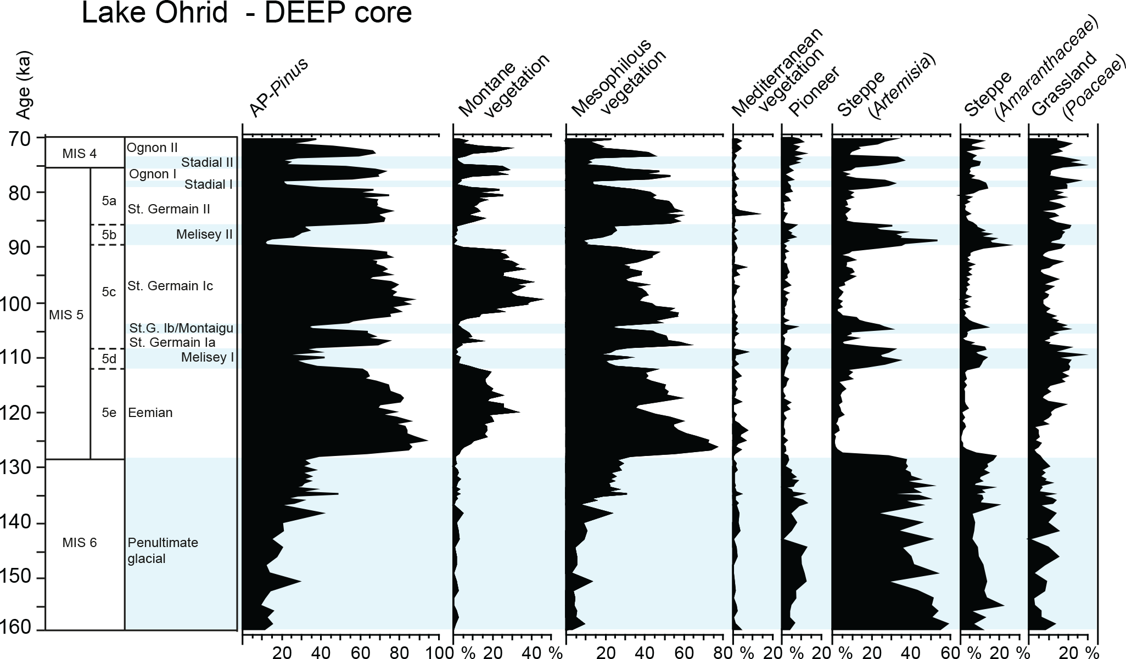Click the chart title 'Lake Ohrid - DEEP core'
pyautogui.click(x=247, y=13)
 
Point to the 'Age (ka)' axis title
pyautogui.click(x=23, y=86)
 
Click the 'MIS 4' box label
pyautogui.click(x=79, y=154)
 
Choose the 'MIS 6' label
pyautogui.click(x=79, y=543)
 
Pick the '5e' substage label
pyautogui.click(x=109, y=413)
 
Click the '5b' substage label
pyautogui.click(x=109, y=235)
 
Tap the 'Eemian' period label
pyautogui.click(x=150, y=413)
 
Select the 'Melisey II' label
pyautogui.click(x=204, y=235)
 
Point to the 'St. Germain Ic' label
pyautogui.click(x=170, y=286)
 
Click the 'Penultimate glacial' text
pyautogui.click(x=163, y=550)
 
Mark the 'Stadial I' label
pyautogui.click(x=209, y=184)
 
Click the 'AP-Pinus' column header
pyautogui.click(x=279, y=88)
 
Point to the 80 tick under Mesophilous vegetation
pyautogui.click(x=725, y=652)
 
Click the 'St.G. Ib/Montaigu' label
pyautogui.click(x=181, y=329)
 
